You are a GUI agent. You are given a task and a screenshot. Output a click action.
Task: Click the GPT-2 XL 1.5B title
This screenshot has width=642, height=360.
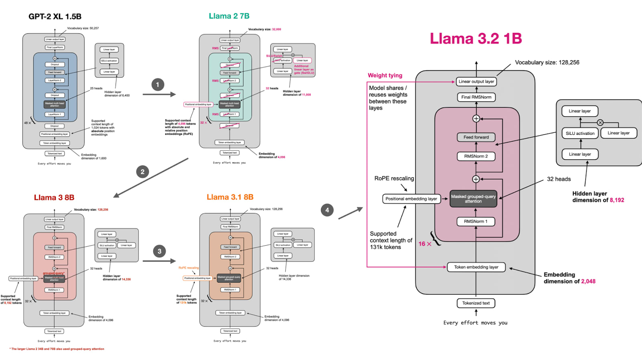point(55,16)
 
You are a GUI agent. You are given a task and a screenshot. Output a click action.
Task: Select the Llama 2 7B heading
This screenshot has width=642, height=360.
point(229,16)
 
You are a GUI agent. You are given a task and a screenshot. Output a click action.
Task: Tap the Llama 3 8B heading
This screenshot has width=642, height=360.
point(54,197)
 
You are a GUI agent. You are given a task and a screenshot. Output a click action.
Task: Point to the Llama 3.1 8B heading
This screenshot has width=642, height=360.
point(230,197)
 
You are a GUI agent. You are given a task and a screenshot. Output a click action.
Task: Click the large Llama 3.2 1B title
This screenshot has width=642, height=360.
point(476,39)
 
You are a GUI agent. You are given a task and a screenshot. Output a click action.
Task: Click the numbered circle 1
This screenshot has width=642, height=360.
point(158,85)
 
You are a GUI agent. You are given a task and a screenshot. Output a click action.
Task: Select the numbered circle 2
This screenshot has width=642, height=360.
point(142,172)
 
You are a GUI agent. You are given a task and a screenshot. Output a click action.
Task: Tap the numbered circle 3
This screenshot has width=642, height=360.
point(159,251)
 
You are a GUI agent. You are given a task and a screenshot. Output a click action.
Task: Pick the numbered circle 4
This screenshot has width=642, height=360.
point(327,210)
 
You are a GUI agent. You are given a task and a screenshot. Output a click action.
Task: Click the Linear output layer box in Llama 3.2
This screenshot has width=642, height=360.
point(476,81)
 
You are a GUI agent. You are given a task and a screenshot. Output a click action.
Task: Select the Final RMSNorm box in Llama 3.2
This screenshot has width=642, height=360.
point(476,97)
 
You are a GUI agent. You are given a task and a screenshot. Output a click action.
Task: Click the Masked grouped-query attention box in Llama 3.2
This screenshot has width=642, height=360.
point(473,199)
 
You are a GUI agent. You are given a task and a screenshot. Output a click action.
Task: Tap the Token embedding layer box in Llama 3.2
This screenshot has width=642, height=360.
point(476,267)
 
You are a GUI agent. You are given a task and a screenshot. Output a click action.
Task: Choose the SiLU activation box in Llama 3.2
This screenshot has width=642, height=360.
point(580,133)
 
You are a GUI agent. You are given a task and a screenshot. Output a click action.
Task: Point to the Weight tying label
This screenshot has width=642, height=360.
point(385,75)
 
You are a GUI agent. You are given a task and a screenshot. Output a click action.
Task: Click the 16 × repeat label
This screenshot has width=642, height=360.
point(425,244)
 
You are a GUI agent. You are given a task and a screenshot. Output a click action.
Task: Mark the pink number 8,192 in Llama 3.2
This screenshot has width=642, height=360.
point(617,200)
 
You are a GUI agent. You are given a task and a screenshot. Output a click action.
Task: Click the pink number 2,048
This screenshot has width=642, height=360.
point(588,281)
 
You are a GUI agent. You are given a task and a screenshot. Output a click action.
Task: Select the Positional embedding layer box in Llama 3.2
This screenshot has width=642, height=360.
point(411,199)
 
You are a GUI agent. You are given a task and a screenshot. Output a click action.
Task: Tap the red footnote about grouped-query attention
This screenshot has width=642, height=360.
point(57,349)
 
